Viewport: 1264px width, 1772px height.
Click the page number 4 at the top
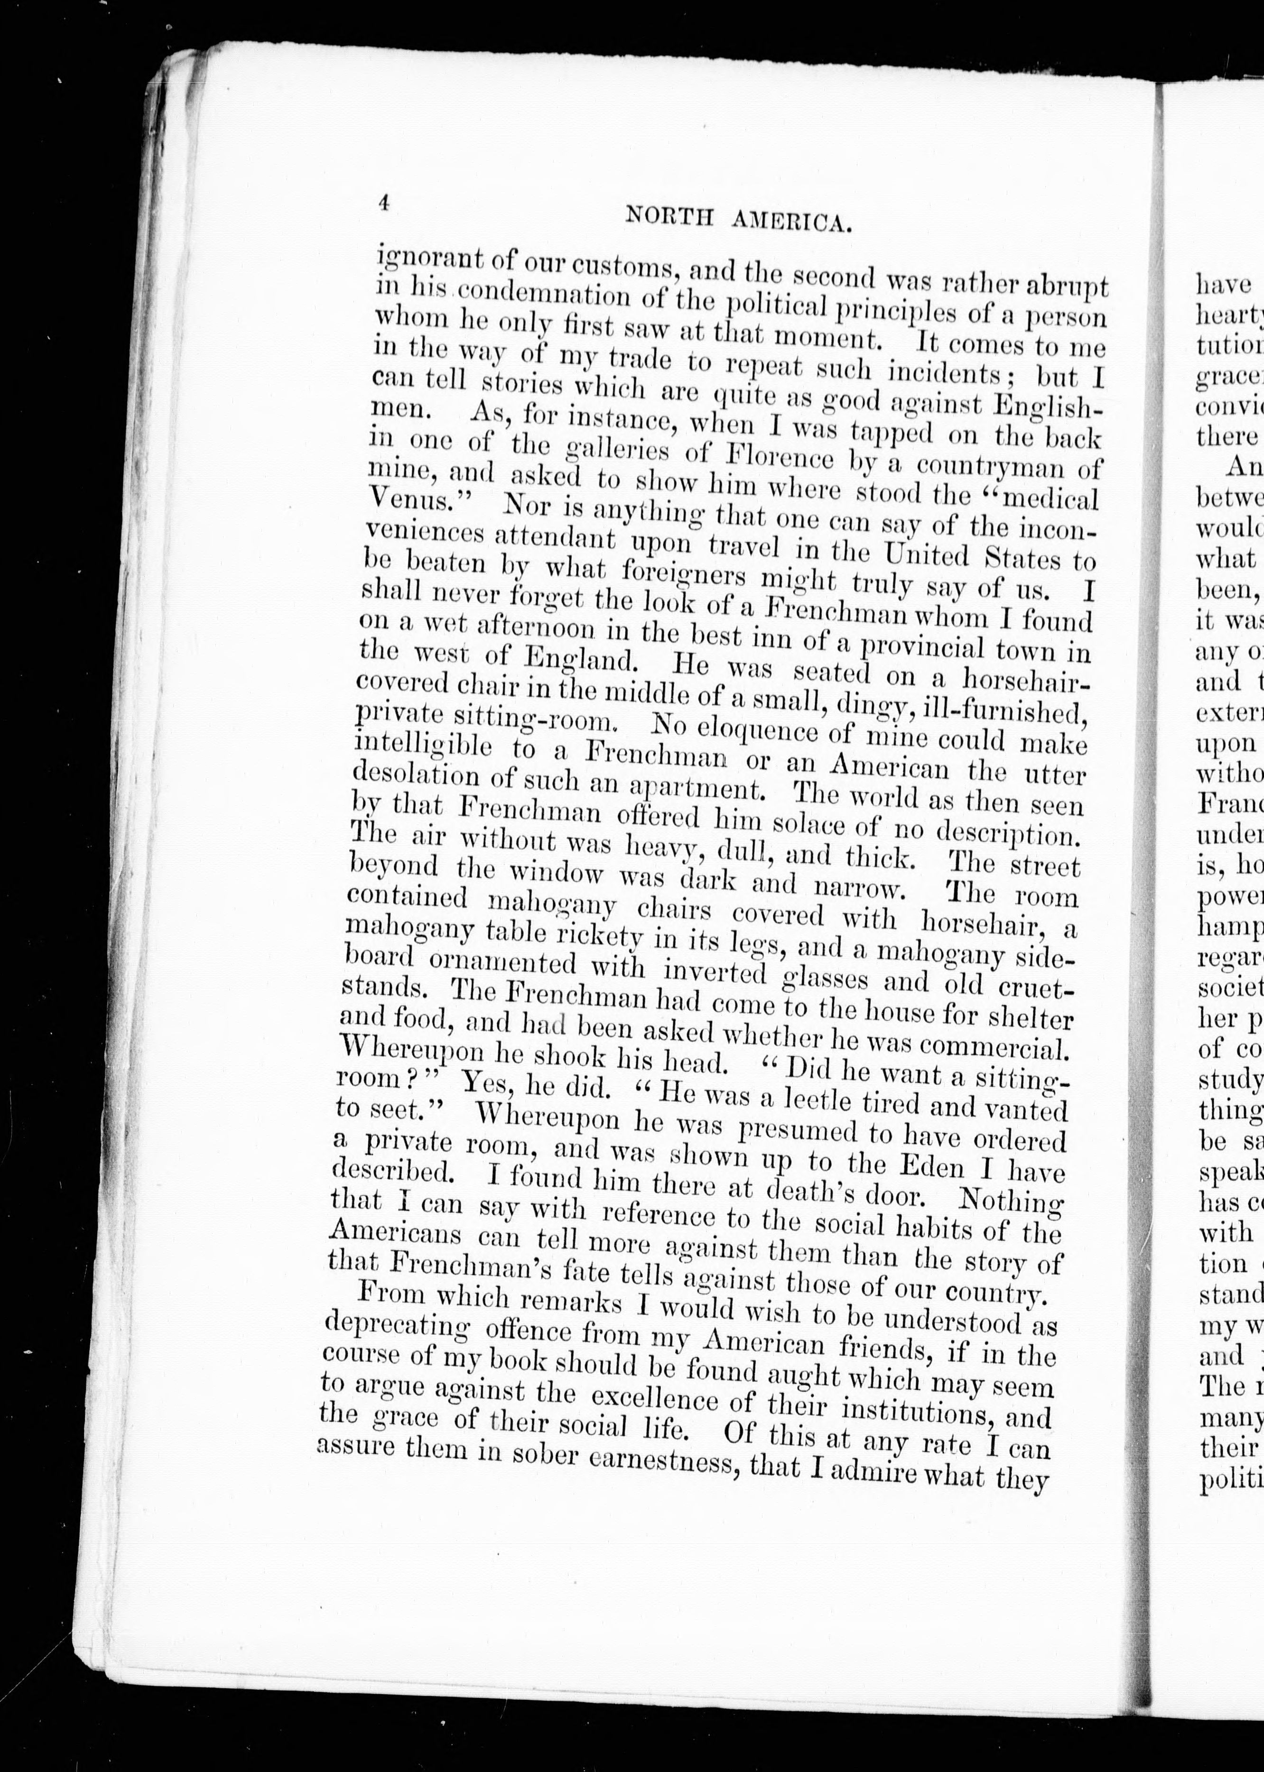pyautogui.click(x=383, y=203)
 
